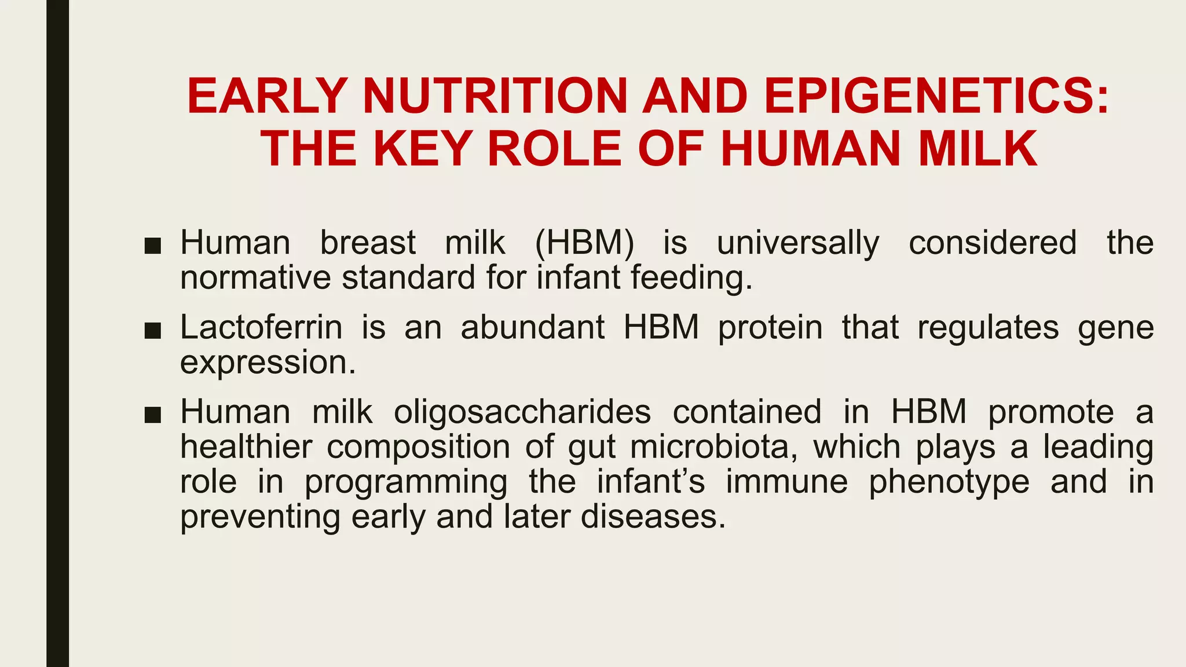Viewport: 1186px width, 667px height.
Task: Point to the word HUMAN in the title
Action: (x=810, y=149)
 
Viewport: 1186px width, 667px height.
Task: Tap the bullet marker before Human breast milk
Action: (x=152, y=245)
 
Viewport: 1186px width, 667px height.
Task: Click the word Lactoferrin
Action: (x=261, y=327)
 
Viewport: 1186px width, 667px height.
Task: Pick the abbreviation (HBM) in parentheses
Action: (x=584, y=243)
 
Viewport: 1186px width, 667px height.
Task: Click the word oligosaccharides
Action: (x=522, y=412)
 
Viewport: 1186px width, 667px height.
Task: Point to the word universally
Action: (x=798, y=244)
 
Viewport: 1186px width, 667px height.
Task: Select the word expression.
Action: (x=268, y=363)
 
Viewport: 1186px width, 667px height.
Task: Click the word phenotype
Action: (x=949, y=483)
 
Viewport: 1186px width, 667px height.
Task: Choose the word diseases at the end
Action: (x=653, y=516)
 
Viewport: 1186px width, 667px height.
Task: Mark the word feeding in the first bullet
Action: (x=691, y=278)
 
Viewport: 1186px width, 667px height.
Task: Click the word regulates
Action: (x=988, y=327)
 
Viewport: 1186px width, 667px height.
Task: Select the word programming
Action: (x=406, y=483)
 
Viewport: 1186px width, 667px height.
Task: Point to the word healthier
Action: (x=246, y=447)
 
